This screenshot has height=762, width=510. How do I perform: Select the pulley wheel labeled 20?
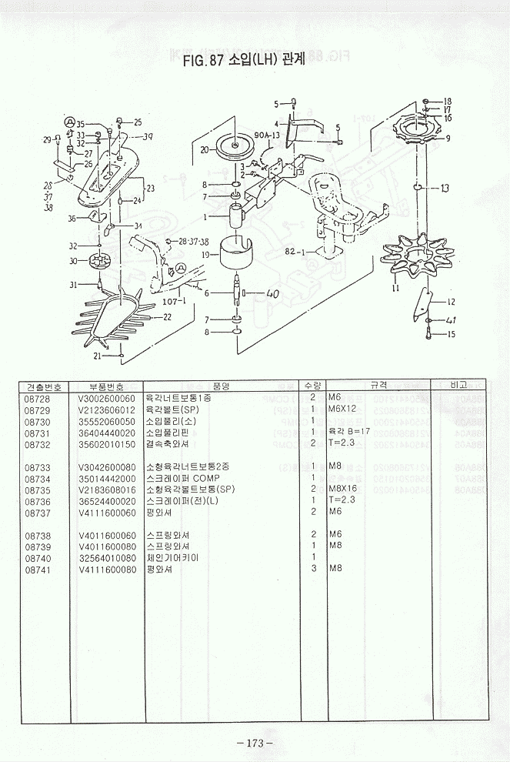(236, 146)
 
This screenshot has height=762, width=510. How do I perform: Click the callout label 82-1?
(296, 252)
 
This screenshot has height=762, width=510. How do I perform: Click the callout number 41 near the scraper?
(452, 319)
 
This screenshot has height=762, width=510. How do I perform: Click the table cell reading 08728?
(38, 397)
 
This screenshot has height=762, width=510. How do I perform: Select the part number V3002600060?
(106, 397)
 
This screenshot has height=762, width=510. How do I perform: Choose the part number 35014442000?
(106, 478)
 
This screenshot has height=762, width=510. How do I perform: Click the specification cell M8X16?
(341, 489)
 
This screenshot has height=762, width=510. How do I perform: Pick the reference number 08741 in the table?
(38, 569)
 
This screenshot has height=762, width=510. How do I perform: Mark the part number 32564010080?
(106, 557)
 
